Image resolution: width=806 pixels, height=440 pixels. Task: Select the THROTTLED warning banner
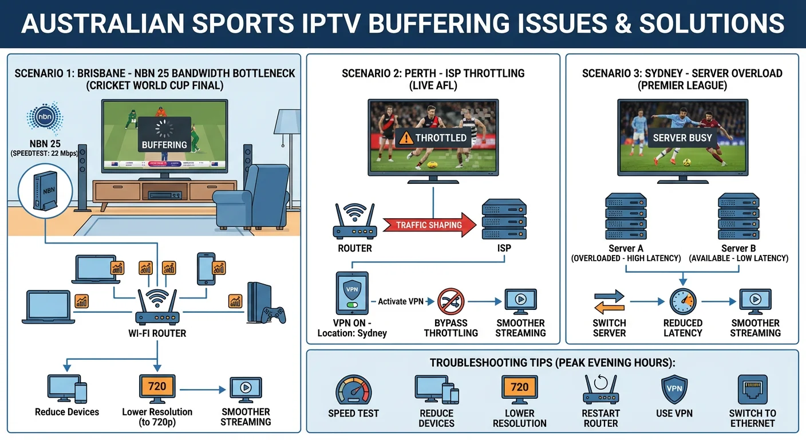click(433, 137)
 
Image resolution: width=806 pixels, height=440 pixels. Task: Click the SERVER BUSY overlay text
click(682, 137)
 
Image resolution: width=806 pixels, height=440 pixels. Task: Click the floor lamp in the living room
click(285, 143)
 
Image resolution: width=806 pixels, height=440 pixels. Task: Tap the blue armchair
click(252, 198)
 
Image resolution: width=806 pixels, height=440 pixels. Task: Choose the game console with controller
click(264, 304)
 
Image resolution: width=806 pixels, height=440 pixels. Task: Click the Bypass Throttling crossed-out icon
click(451, 301)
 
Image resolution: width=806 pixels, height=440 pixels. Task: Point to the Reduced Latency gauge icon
click(682, 301)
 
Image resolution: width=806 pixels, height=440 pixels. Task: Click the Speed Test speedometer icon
click(353, 391)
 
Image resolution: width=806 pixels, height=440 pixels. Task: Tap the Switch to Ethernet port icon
click(752, 390)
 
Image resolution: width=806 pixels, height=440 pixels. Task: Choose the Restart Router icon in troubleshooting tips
click(600, 390)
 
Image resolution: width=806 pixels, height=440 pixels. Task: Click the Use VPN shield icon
click(674, 390)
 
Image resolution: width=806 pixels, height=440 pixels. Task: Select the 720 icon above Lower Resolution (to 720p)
click(157, 387)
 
